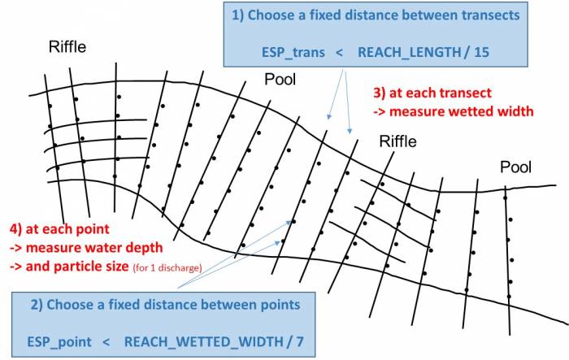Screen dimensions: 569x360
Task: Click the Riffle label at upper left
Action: point(67,47)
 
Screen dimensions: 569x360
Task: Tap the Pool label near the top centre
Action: point(280,80)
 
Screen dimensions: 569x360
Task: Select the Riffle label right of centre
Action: point(397,141)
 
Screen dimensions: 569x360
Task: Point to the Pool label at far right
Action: point(515,167)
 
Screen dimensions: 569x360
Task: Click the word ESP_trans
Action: point(293,52)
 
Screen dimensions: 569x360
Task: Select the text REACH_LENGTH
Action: point(410,52)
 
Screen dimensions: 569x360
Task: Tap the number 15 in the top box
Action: point(481,52)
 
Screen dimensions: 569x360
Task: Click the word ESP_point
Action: point(59,342)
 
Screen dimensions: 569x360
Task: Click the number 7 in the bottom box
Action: point(300,341)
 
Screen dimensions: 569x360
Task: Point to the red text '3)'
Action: point(380,93)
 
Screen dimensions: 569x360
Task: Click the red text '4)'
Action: point(15,229)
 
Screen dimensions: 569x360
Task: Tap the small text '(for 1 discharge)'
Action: point(167,268)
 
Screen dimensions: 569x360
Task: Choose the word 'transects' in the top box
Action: point(491,15)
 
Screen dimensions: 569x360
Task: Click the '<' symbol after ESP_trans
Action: point(339,53)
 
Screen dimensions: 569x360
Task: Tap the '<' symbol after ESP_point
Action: point(106,342)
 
